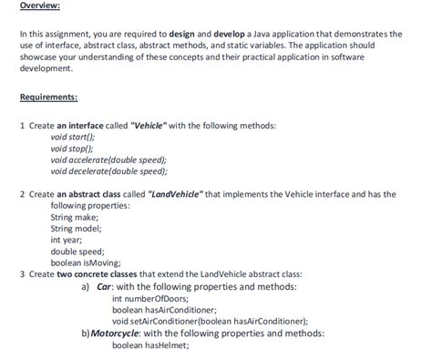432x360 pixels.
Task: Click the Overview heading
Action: point(40,6)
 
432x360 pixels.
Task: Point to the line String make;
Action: point(75,217)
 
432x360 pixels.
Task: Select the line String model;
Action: point(77,228)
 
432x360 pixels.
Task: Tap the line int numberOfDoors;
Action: point(149,298)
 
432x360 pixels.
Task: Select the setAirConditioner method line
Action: point(210,321)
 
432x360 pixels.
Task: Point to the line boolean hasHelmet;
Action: point(149,345)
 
